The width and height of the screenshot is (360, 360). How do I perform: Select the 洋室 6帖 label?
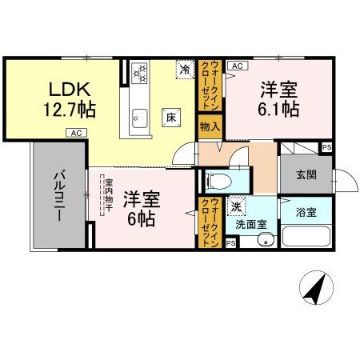141,207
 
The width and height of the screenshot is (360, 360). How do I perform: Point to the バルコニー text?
60,196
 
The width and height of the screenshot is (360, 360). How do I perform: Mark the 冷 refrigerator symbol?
185,70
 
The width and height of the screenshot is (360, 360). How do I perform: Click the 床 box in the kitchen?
170,117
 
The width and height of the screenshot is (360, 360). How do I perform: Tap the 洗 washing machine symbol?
238,206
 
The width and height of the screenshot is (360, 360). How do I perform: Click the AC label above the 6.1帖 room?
238,66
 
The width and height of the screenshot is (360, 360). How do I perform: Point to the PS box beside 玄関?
326,148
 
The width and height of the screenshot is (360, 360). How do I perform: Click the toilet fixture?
216,179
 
